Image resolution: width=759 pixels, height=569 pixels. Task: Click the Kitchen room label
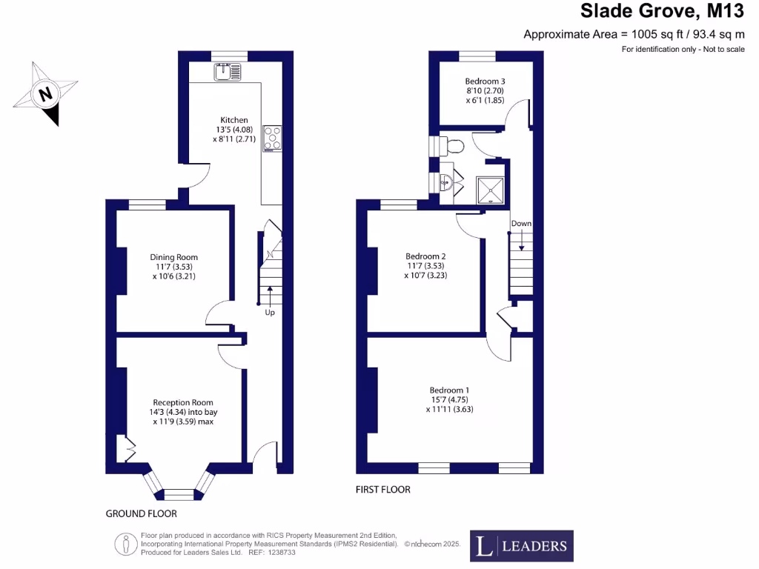pos(233,129)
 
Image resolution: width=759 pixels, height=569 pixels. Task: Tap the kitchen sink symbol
pos(228,72)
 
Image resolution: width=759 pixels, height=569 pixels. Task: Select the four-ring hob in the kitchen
pos(272,139)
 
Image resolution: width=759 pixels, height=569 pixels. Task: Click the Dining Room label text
pos(174,267)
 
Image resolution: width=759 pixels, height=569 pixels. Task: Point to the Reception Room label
pos(185,411)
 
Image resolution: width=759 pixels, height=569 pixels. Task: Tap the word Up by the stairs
pos(270,313)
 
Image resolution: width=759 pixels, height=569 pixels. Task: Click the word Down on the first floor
pos(521,224)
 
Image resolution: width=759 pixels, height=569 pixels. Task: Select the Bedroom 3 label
pos(485,90)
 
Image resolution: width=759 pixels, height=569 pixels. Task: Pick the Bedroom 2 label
pos(425,265)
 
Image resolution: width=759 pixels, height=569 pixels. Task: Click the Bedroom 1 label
pos(449,399)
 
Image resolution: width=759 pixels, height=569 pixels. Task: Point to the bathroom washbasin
pos(446,182)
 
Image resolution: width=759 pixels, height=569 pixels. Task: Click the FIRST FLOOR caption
pos(383,490)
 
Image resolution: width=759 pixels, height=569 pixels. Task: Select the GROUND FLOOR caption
pos(141,513)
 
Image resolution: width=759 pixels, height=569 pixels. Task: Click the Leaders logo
pos(521,547)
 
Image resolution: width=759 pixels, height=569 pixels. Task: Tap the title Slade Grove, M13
pos(661,11)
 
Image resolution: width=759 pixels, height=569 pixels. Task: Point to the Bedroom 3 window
pos(477,56)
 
